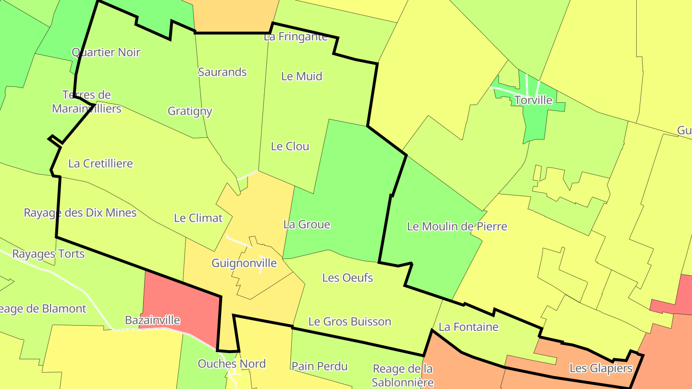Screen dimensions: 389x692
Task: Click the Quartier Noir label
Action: (x=106, y=52)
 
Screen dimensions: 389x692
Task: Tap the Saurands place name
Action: (x=222, y=72)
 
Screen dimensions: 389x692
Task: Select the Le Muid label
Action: (x=302, y=76)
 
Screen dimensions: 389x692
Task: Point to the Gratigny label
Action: (x=190, y=111)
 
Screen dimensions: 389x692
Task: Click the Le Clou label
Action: (x=290, y=146)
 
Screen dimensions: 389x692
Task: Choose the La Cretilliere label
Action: (x=100, y=164)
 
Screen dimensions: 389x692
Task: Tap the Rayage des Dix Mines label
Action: (x=80, y=213)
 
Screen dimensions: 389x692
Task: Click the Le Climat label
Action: (x=198, y=218)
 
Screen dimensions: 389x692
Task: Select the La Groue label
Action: (x=307, y=224)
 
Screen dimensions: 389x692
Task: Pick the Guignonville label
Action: (x=244, y=263)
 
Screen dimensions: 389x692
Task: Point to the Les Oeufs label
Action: (x=347, y=278)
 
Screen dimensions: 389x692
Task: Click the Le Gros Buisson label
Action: (x=350, y=322)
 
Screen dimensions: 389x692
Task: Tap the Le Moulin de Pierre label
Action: (x=457, y=226)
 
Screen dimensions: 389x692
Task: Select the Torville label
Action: (x=533, y=100)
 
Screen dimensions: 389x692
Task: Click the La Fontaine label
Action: (x=469, y=327)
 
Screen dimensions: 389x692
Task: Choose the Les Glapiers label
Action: (x=601, y=368)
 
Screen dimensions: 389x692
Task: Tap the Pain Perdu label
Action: (x=320, y=366)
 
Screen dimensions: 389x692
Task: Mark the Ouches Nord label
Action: (x=232, y=364)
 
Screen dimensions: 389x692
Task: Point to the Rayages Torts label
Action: (x=48, y=254)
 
